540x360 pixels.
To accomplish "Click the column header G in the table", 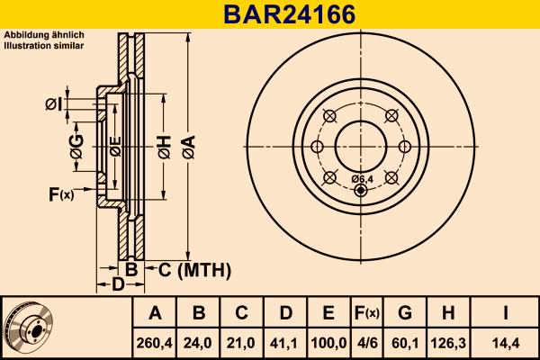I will tap(405, 313).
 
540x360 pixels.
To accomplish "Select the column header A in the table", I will tap(155, 313).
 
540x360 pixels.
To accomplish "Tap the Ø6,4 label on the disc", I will tap(362, 180).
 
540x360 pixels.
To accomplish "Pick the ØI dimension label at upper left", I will tap(55, 105).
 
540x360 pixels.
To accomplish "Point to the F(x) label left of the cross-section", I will tap(60, 193).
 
